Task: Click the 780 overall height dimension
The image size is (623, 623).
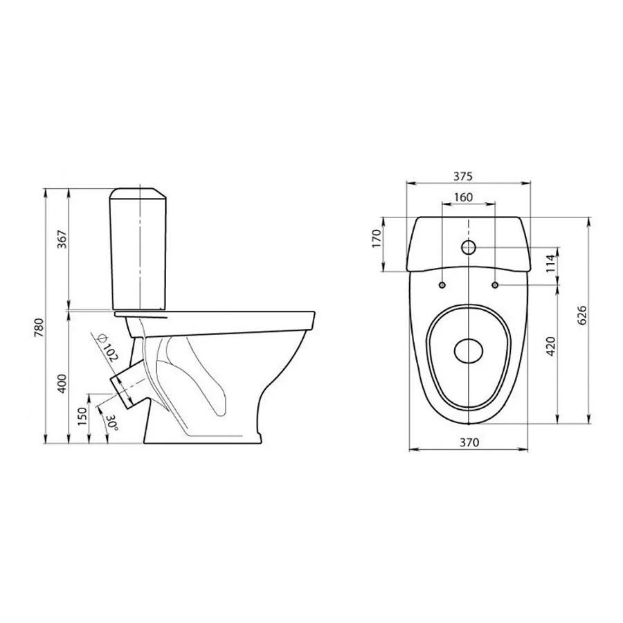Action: [41, 327]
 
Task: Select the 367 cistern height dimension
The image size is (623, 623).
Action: [62, 240]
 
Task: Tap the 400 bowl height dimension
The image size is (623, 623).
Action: [62, 383]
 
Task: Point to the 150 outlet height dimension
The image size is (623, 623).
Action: [82, 417]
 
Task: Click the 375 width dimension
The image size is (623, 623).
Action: [463, 177]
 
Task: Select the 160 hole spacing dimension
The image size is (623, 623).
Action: [463, 197]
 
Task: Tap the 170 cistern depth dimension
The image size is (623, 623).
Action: [377, 238]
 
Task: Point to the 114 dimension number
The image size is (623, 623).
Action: [550, 263]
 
